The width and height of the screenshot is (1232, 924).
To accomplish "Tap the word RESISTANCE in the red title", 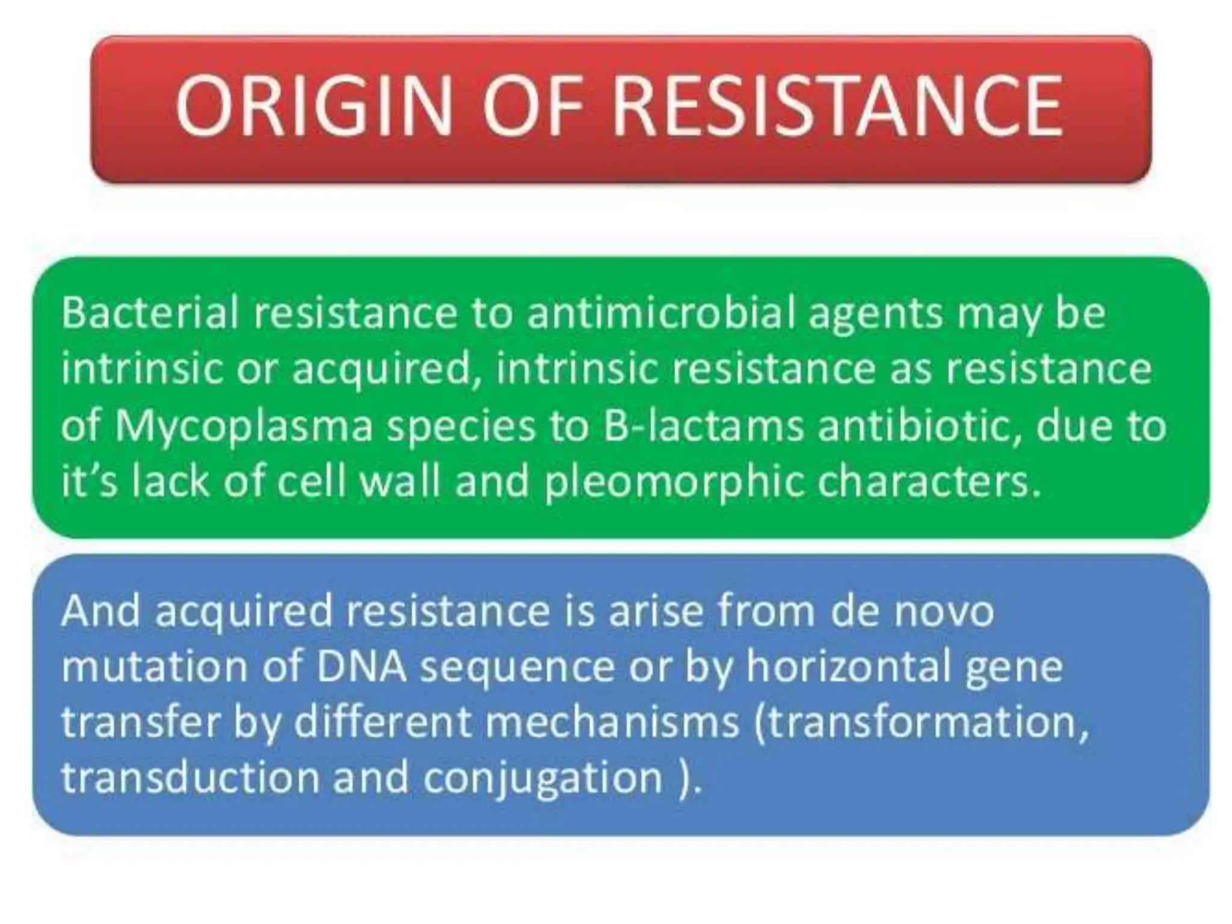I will tap(837, 108).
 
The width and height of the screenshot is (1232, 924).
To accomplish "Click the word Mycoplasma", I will tap(244, 428).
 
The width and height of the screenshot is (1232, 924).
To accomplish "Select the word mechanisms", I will tap(612, 722).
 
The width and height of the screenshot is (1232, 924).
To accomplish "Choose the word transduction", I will tap(189, 778).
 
